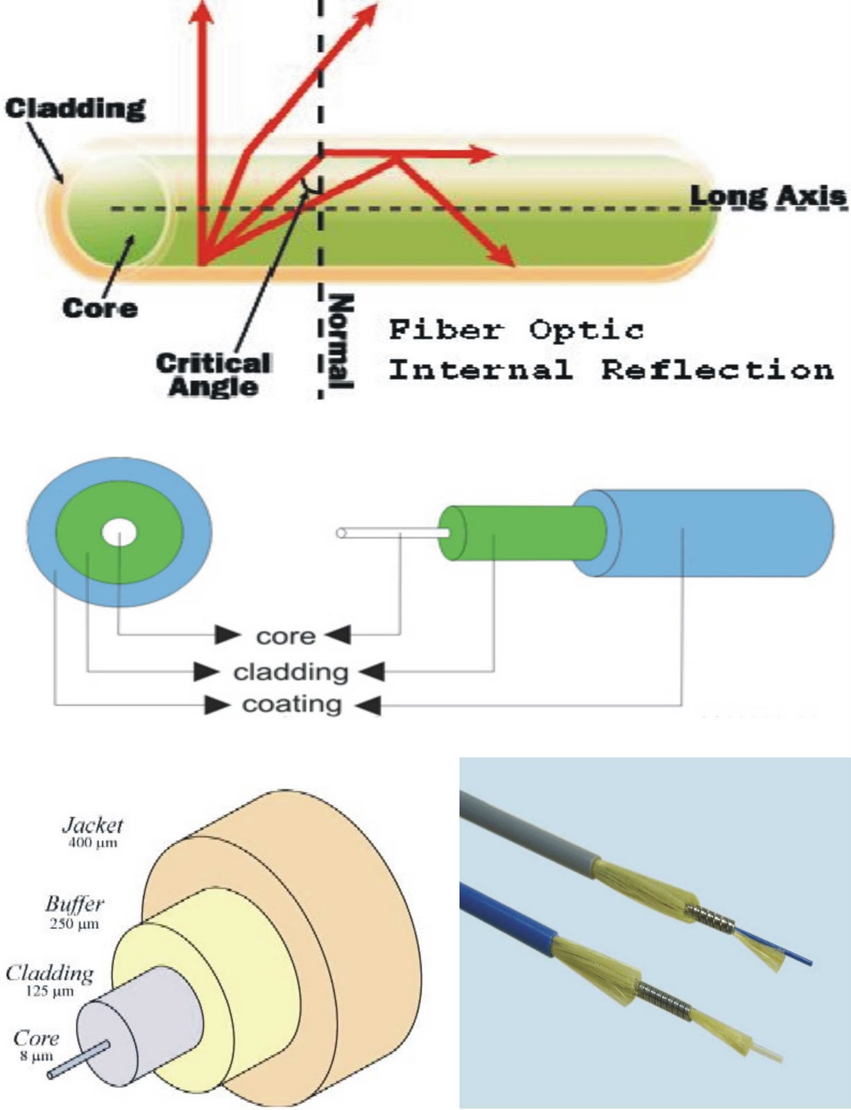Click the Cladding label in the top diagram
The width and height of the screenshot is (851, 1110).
(x=76, y=108)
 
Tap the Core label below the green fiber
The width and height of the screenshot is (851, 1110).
(x=99, y=308)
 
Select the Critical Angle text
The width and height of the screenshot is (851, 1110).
(x=213, y=375)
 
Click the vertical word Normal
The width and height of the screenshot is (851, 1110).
(x=341, y=341)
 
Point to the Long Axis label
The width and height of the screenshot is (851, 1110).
(x=768, y=196)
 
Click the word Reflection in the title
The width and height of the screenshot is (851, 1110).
(x=717, y=369)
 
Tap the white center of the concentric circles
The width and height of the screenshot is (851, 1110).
(x=119, y=533)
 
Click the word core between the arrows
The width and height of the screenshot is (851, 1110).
(x=285, y=635)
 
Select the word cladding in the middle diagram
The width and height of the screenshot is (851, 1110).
(x=290, y=672)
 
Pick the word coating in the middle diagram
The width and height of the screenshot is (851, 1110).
(x=291, y=705)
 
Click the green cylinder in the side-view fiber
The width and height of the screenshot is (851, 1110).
(x=527, y=533)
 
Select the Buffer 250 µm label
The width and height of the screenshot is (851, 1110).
(x=74, y=912)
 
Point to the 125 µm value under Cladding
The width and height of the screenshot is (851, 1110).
(x=49, y=991)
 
